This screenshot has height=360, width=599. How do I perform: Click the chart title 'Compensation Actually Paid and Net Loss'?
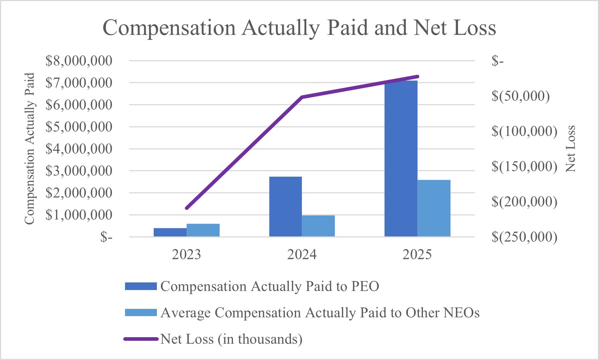(x=299, y=28)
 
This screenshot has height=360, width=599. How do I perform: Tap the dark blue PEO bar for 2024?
(x=286, y=207)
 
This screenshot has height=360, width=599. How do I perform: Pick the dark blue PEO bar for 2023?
(x=170, y=232)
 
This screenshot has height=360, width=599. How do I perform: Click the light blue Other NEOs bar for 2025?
(x=434, y=208)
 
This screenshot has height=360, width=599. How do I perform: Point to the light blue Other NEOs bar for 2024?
(x=318, y=226)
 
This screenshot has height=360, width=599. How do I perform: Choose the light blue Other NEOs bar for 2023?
(x=203, y=230)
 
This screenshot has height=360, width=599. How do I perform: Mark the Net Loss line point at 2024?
(x=302, y=97)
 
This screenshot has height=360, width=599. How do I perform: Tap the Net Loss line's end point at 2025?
(x=417, y=76)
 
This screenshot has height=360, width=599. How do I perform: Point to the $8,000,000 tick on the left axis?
(x=79, y=61)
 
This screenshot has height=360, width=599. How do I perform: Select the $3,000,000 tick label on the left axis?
(x=79, y=171)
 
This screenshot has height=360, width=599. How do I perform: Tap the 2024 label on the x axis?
(x=302, y=255)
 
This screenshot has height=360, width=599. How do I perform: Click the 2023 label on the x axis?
(x=186, y=255)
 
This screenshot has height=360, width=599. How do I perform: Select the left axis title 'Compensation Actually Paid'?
(x=29, y=149)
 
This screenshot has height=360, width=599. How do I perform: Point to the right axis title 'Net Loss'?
(x=570, y=149)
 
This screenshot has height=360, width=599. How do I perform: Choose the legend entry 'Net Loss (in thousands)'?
(x=231, y=339)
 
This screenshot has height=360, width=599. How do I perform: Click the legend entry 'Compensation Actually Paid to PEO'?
(x=270, y=286)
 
